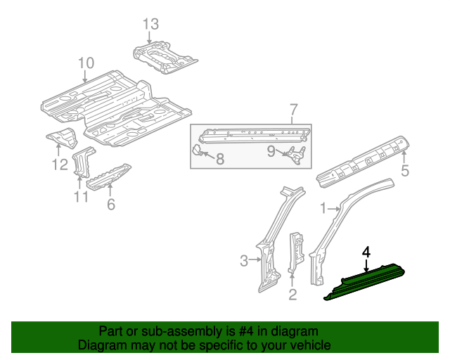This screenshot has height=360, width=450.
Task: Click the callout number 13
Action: point(150,25)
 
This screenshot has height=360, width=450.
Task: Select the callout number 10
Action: point(85,63)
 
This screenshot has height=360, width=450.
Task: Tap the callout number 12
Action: point(59,165)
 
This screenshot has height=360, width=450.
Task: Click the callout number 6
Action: point(110,205)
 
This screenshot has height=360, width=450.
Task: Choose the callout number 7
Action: point(293,109)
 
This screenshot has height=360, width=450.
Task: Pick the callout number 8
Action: point(219,159)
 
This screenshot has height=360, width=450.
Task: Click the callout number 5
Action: point(404,171)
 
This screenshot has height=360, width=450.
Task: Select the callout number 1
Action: point(323,208)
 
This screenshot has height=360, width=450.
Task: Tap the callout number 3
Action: point(244,262)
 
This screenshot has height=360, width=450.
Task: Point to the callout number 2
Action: point(292,294)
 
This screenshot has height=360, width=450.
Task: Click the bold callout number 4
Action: point(366,250)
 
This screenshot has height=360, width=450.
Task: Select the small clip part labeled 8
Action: point(198,149)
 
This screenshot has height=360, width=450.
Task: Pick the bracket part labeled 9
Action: point(297,155)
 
